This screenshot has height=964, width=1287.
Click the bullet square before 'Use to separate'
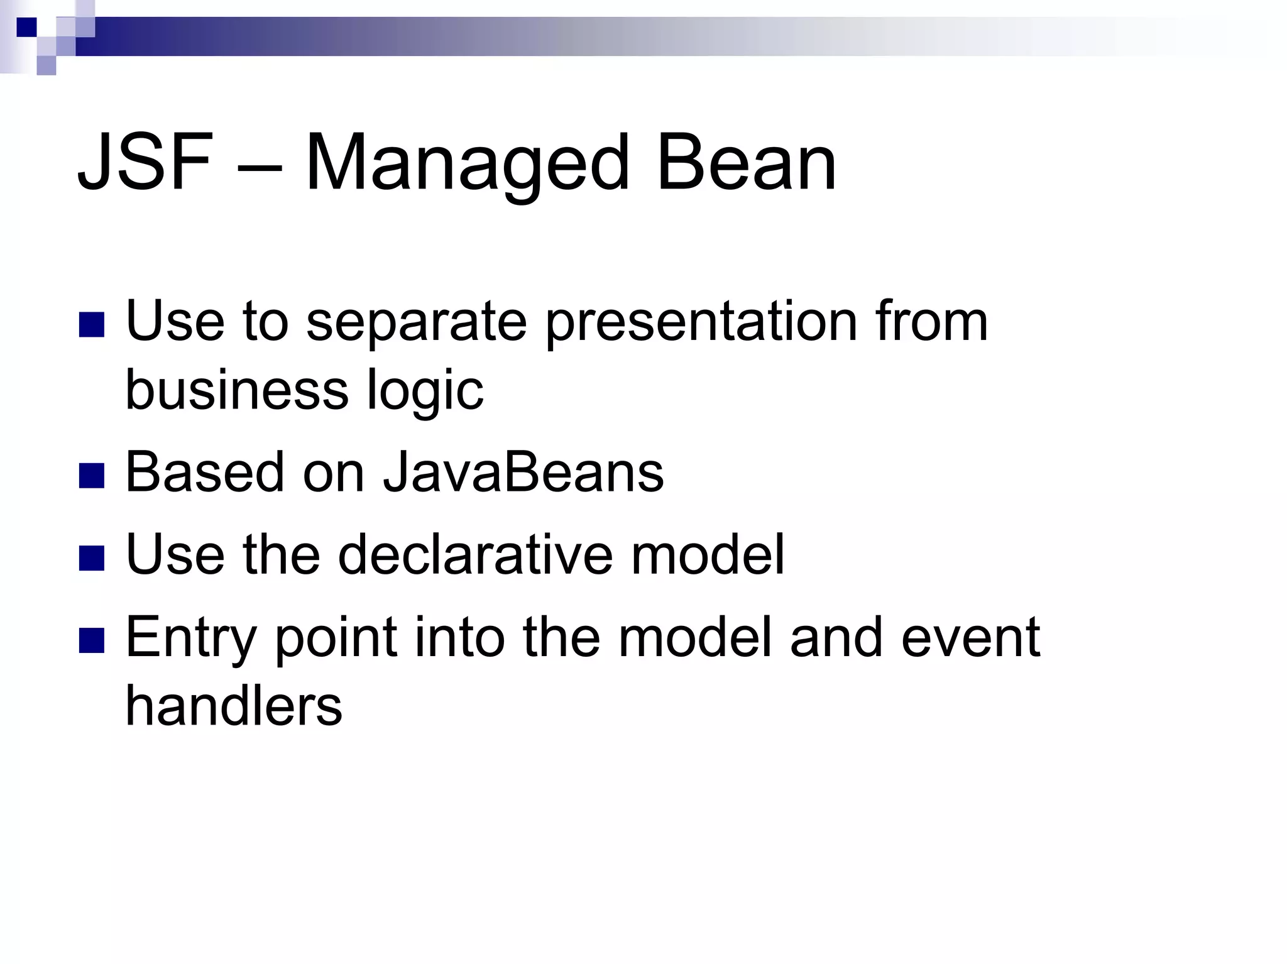[92, 325]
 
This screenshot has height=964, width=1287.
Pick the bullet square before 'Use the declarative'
[92, 558]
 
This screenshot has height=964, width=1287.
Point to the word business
[237, 390]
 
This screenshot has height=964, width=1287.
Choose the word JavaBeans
[523, 473]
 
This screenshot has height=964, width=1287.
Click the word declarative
[475, 554]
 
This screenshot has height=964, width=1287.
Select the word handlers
[234, 706]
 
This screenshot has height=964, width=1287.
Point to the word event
[970, 638]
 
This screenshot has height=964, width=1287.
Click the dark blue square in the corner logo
[26, 27]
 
